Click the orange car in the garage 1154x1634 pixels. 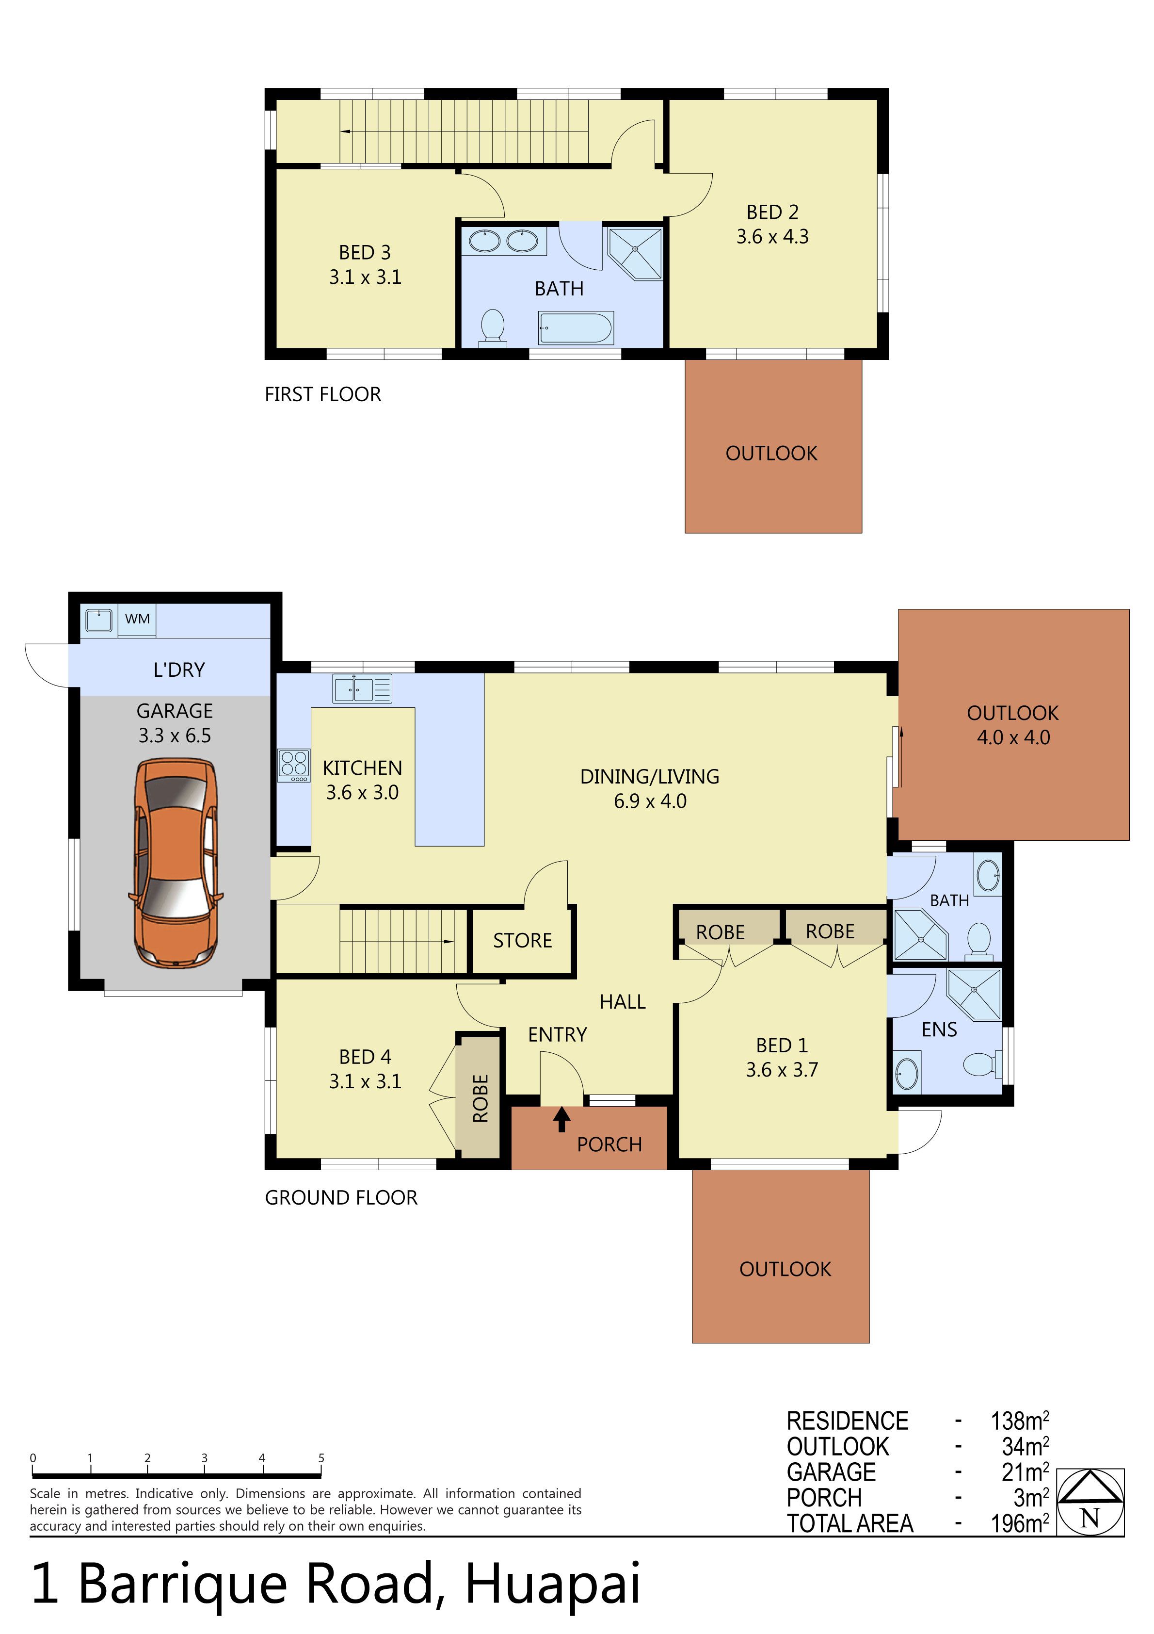click(176, 863)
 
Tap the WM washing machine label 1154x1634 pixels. click(137, 619)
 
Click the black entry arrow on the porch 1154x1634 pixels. click(562, 1119)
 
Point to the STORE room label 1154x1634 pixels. click(522, 940)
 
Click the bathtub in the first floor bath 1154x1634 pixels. click(576, 328)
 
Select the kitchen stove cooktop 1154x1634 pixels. click(294, 766)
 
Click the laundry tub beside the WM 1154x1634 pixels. click(99, 620)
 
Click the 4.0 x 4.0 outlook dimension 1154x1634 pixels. click(1013, 737)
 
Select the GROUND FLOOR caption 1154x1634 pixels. click(341, 1198)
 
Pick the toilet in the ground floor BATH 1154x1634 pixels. click(980, 939)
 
